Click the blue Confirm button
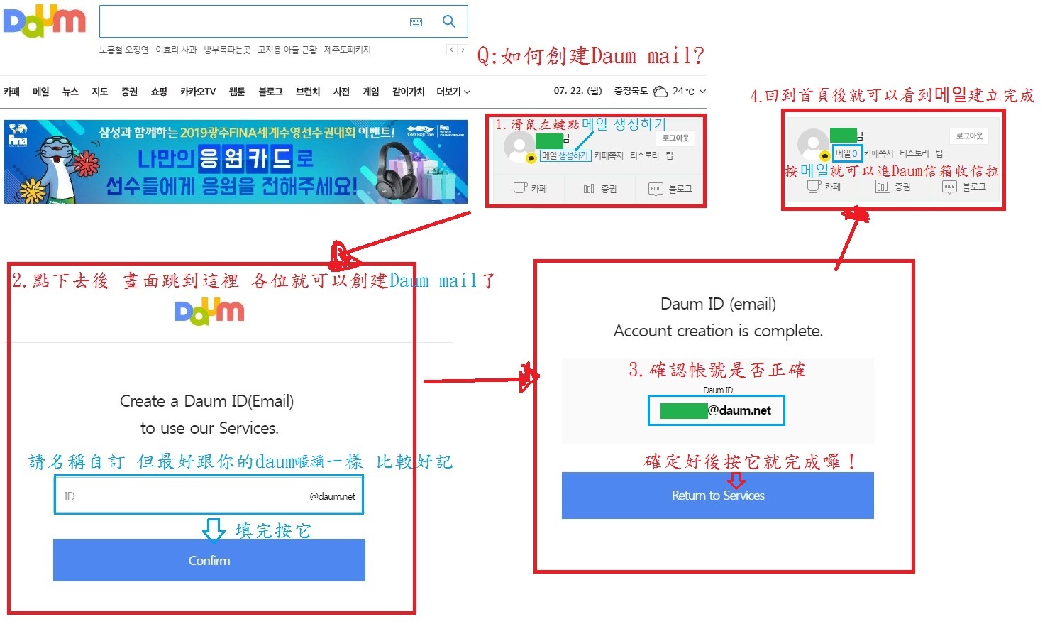(209, 560)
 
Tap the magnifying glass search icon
(449, 21)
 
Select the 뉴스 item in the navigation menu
(70, 92)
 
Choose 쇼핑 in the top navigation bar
(159, 92)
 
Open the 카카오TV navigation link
(198, 92)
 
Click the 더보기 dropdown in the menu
(453, 92)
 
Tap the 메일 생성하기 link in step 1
(565, 155)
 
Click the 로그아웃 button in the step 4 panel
(969, 136)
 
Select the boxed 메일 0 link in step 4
(846, 153)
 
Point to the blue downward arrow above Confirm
(214, 530)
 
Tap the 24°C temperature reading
(683, 92)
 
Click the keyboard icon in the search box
(416, 23)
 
